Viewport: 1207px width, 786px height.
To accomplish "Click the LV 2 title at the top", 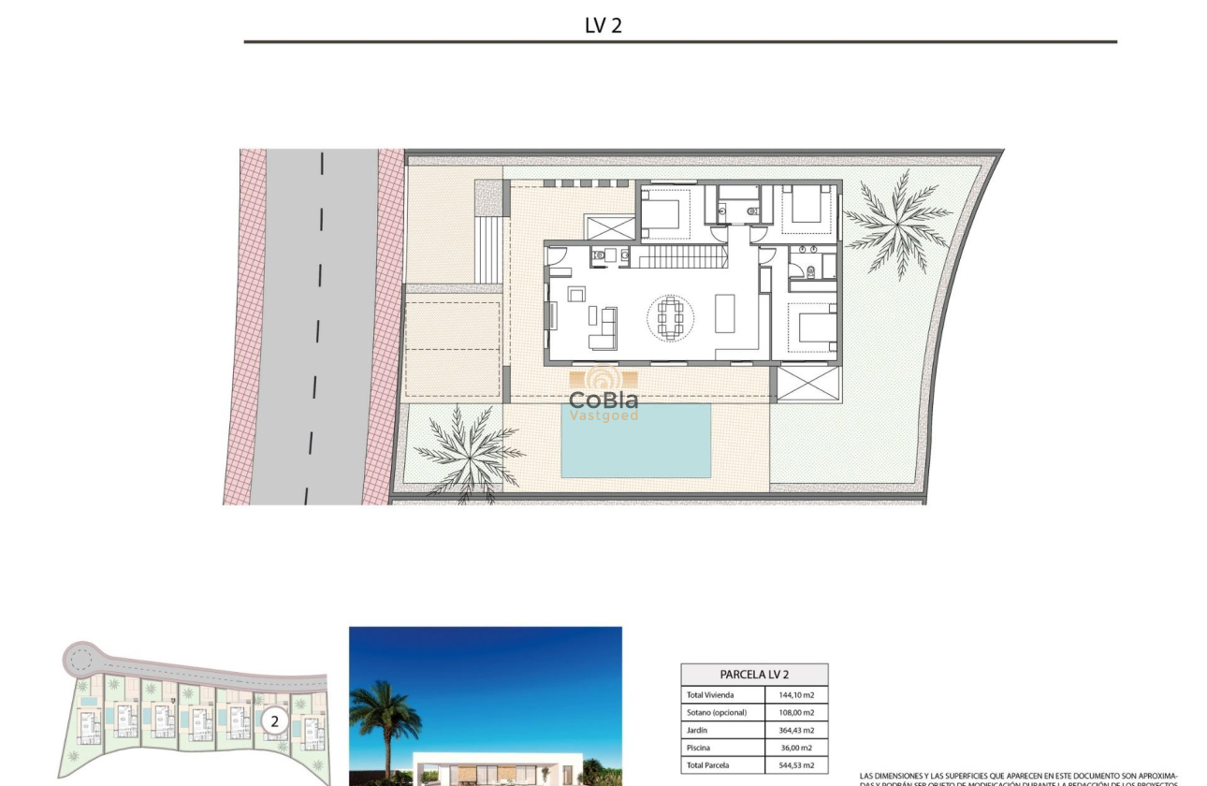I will tap(603, 25).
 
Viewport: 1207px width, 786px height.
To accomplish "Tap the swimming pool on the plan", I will tap(635, 440).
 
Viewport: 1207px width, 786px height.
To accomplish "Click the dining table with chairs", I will tap(671, 318).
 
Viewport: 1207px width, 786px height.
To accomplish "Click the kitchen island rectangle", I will tap(726, 314).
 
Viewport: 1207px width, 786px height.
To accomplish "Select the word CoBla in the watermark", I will tap(603, 400).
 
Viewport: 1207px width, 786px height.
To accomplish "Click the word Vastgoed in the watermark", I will tap(603, 415).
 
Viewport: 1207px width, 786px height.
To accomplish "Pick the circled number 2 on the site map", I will tap(274, 721).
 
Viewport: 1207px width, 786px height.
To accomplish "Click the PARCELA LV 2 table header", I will tap(754, 674).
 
